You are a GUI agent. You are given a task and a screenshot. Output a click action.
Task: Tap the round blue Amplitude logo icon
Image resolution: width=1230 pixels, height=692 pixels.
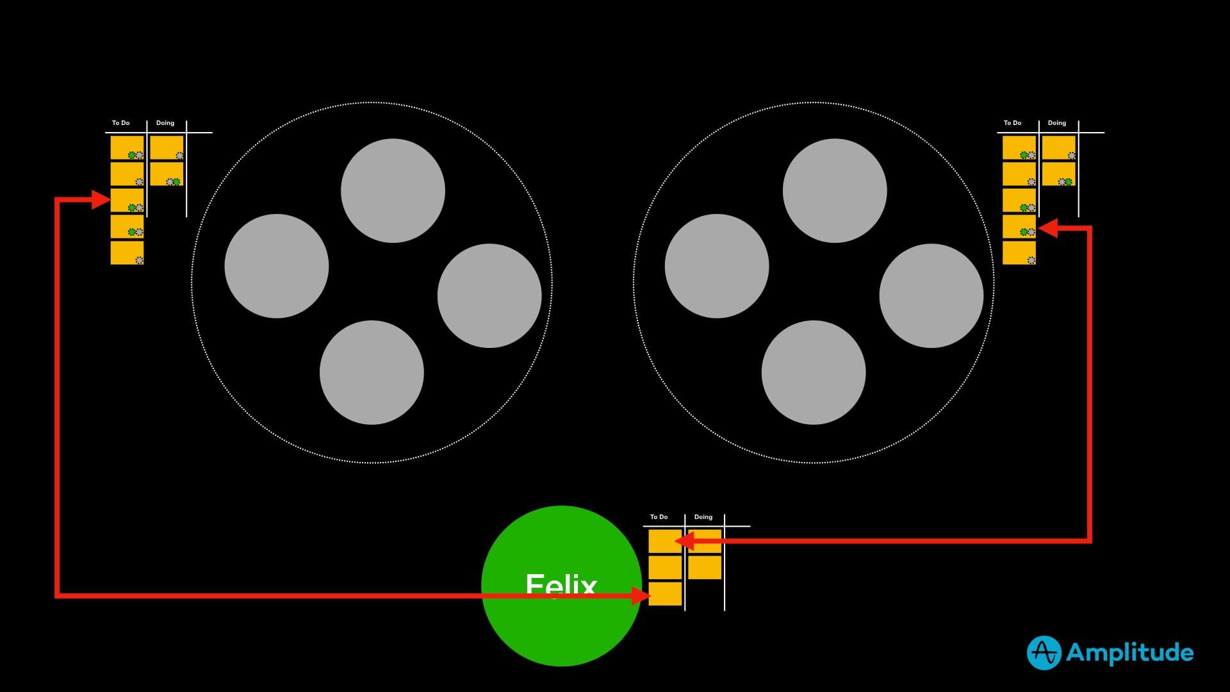click(1044, 653)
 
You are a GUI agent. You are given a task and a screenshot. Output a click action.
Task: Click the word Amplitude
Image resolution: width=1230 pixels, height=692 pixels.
click(1129, 653)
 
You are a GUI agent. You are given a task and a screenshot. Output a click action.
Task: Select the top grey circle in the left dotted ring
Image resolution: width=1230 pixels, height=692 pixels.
click(393, 190)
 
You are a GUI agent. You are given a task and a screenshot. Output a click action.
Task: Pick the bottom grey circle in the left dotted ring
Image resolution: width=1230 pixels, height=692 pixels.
click(372, 372)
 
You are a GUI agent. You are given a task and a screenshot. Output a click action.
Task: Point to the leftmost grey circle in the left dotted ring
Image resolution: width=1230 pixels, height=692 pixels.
click(277, 266)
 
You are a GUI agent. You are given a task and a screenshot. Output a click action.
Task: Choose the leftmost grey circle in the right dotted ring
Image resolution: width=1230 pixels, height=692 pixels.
click(717, 266)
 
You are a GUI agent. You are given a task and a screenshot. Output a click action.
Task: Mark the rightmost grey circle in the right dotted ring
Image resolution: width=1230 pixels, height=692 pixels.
click(931, 295)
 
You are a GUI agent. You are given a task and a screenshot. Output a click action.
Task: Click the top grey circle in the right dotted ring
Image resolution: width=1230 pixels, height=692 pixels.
click(835, 190)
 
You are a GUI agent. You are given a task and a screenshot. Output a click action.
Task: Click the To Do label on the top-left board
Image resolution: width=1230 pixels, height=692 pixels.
click(120, 123)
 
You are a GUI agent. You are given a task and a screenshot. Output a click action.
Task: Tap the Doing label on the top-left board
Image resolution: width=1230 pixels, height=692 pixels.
click(165, 123)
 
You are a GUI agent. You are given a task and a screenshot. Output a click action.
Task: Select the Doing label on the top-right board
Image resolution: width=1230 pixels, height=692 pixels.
click(1057, 123)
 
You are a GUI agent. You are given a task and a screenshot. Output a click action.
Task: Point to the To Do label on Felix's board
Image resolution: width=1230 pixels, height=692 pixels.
click(659, 517)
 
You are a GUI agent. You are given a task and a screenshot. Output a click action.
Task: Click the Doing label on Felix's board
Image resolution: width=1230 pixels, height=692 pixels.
click(703, 517)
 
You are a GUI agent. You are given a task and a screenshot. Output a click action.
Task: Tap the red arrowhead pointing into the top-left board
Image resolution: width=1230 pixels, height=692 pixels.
click(101, 200)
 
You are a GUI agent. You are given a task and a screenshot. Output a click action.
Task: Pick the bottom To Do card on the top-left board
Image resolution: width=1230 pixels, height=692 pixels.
click(127, 252)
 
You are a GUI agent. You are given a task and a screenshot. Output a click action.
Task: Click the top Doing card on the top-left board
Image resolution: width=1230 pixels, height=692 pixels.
click(167, 147)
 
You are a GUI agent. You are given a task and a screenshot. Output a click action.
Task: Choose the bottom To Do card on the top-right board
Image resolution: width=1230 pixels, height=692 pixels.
click(1019, 252)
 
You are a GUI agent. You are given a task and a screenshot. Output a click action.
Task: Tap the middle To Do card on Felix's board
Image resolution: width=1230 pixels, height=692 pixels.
click(665, 567)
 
